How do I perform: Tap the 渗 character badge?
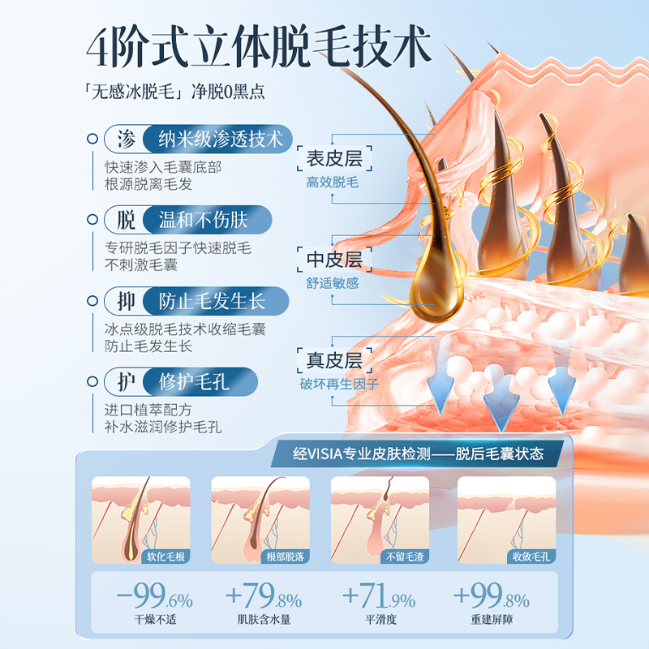tap(125, 139)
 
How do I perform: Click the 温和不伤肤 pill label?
tap(202, 220)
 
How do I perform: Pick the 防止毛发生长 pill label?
tap(212, 302)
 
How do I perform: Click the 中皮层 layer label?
tap(333, 260)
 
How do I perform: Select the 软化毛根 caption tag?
tap(165, 556)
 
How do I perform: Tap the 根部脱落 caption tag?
tap(286, 556)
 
